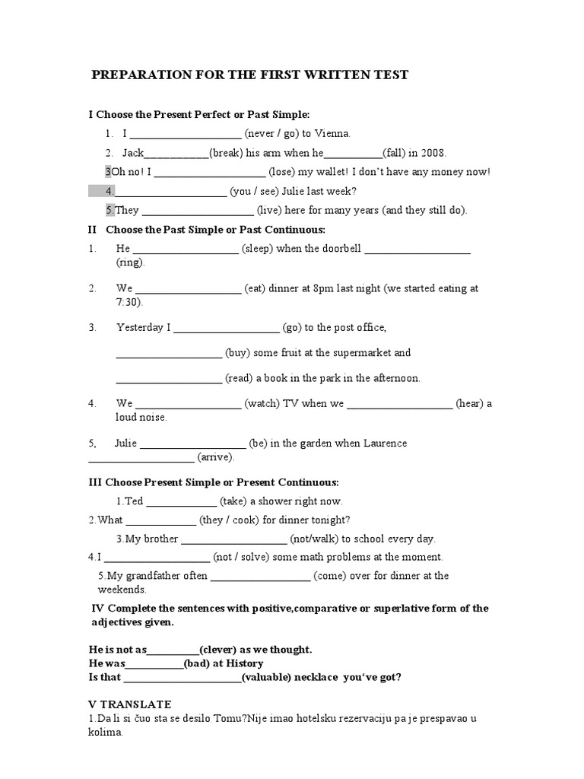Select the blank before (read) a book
point(168,378)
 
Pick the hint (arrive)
point(216,457)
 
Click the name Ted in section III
point(134,501)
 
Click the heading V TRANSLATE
point(130,704)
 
